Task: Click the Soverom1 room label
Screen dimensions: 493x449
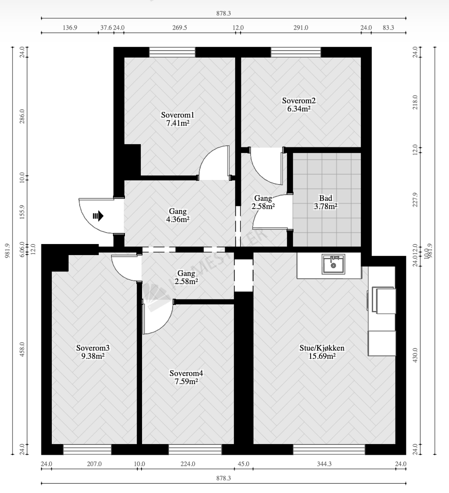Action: tap(177, 115)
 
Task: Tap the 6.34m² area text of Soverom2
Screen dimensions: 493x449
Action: tap(299, 109)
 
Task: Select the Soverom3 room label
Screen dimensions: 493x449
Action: tap(93, 348)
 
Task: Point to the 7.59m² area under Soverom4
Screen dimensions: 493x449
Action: tap(186, 381)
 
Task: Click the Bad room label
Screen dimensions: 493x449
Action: tap(326, 198)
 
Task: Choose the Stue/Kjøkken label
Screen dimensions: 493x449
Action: tap(322, 348)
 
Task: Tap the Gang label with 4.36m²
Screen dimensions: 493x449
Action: tap(177, 212)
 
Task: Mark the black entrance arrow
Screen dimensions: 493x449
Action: tap(98, 216)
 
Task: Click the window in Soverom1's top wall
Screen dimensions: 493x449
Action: tap(172, 52)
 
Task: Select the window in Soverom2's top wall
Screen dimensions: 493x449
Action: tap(296, 52)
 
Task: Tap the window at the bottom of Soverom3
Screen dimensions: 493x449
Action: tap(87, 449)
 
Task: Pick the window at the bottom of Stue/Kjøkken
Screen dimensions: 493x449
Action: tap(329, 449)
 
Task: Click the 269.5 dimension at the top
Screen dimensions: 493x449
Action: tap(180, 28)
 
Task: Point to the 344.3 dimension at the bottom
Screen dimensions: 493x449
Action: tap(324, 464)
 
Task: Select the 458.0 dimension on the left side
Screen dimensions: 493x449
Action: tap(22, 350)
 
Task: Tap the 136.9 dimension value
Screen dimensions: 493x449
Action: tap(70, 28)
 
